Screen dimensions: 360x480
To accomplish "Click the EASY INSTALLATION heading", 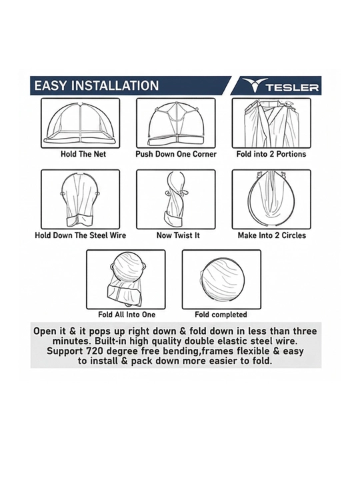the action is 97,85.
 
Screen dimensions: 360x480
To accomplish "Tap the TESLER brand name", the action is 292,87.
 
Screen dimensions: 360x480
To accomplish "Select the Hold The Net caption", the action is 83,154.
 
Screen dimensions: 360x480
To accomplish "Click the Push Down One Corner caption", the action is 176,154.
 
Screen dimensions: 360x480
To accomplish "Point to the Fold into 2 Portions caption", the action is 271,154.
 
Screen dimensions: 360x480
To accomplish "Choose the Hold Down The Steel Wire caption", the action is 80,235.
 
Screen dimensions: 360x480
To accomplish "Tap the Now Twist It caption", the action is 178,235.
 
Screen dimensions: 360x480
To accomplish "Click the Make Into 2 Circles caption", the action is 272,235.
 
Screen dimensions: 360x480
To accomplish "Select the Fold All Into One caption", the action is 127,315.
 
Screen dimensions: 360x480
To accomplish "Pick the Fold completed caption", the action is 221,315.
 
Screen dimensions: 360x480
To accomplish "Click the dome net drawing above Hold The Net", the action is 81,123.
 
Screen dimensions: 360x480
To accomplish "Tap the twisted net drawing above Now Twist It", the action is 176,199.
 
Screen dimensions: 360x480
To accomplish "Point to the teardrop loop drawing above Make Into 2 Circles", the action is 271,199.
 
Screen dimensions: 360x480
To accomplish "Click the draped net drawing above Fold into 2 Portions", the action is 271,123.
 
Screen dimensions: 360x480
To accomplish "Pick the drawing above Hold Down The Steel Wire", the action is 81,199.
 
